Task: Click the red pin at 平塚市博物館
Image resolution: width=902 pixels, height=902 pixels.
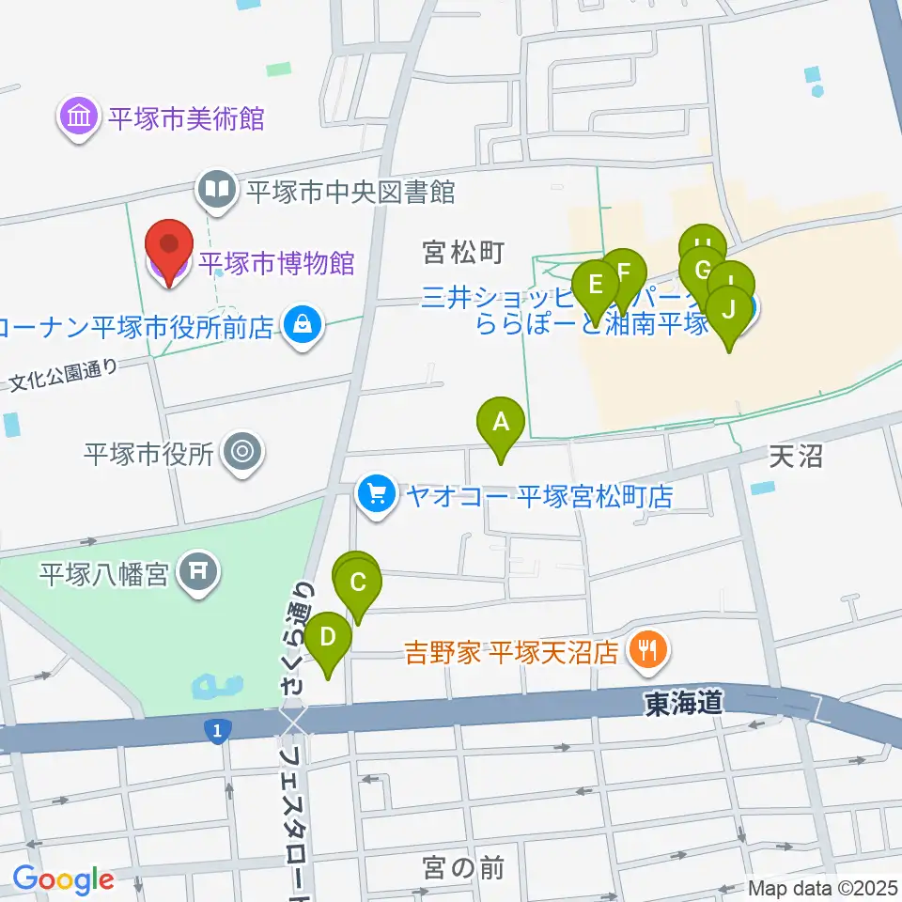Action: (x=169, y=246)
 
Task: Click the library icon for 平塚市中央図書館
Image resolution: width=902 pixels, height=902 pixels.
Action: (x=217, y=191)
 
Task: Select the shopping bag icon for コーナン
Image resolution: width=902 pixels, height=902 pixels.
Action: (x=303, y=325)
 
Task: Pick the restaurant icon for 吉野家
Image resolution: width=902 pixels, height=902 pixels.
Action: (x=646, y=649)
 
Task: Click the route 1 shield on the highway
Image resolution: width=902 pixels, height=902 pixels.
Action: (x=218, y=730)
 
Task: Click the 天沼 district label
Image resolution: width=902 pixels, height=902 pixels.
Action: (x=796, y=458)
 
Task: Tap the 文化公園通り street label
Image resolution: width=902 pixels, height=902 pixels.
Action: (x=65, y=374)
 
